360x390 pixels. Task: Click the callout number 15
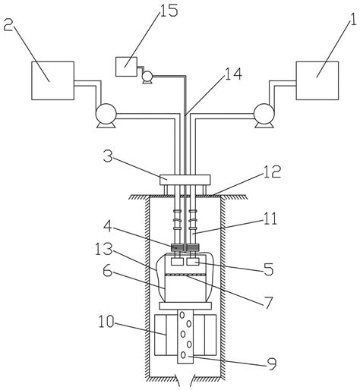pos(169,11)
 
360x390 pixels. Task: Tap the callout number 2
pos(8,24)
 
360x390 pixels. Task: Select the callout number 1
pos(353,24)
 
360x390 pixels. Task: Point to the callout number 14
pos(233,74)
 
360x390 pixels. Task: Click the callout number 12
pos(273,172)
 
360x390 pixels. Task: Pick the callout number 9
pos(272,363)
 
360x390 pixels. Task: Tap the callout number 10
pos(106,322)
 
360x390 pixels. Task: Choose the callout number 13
pos(103,249)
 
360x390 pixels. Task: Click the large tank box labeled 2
pos(52,80)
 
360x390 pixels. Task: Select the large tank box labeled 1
pos(317,80)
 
